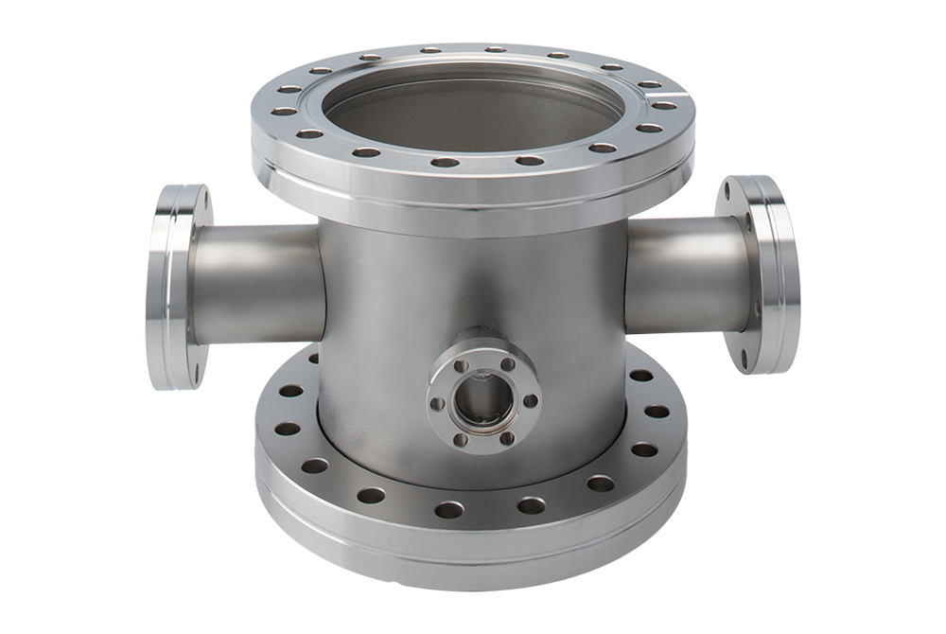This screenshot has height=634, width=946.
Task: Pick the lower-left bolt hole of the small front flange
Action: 461,437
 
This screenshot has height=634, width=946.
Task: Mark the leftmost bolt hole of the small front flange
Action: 438,403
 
